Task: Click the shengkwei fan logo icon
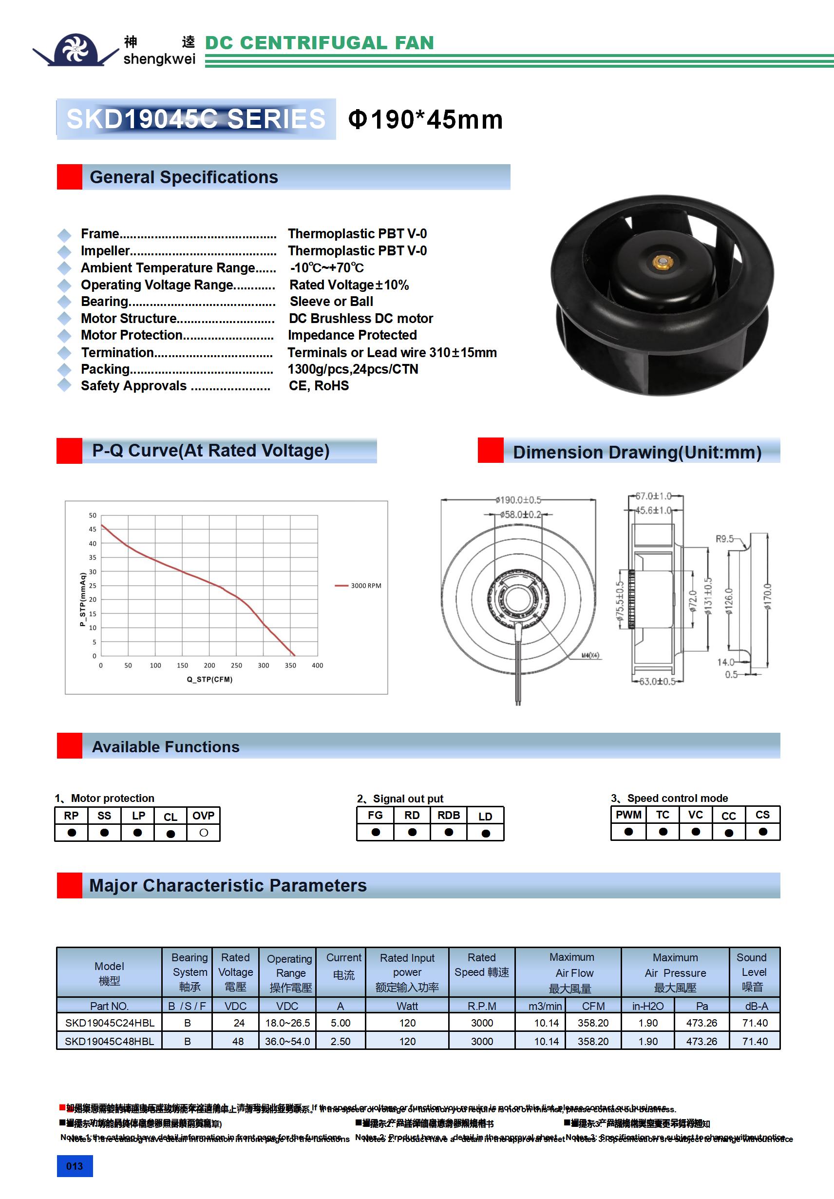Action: click(x=76, y=50)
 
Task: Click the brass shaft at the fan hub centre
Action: click(x=662, y=262)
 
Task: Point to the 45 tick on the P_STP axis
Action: click(x=93, y=529)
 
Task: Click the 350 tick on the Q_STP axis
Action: click(x=290, y=666)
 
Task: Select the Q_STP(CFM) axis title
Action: click(x=209, y=679)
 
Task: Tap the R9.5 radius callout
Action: click(x=724, y=538)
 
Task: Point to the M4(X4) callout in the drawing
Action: click(x=590, y=655)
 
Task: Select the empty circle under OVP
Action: click(x=204, y=833)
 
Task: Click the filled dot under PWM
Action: click(x=628, y=831)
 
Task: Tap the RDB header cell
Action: click(x=449, y=815)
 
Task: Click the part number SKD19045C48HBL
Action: click(x=109, y=1041)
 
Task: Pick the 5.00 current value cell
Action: click(x=341, y=1023)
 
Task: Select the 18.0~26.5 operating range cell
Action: click(x=287, y=1023)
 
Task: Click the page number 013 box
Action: click(x=75, y=1166)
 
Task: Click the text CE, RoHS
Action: click(x=319, y=386)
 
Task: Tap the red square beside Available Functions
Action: click(x=70, y=746)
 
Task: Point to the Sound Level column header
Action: click(x=752, y=972)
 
